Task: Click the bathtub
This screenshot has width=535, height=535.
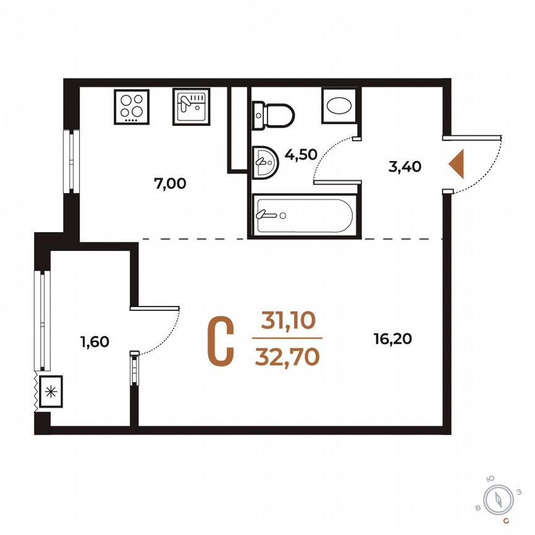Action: [303, 215]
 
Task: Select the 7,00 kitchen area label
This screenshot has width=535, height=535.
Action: [170, 183]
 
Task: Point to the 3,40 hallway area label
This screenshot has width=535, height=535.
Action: [405, 166]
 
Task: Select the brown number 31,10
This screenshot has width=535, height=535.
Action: [288, 320]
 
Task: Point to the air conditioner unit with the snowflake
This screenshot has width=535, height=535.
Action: [51, 391]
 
